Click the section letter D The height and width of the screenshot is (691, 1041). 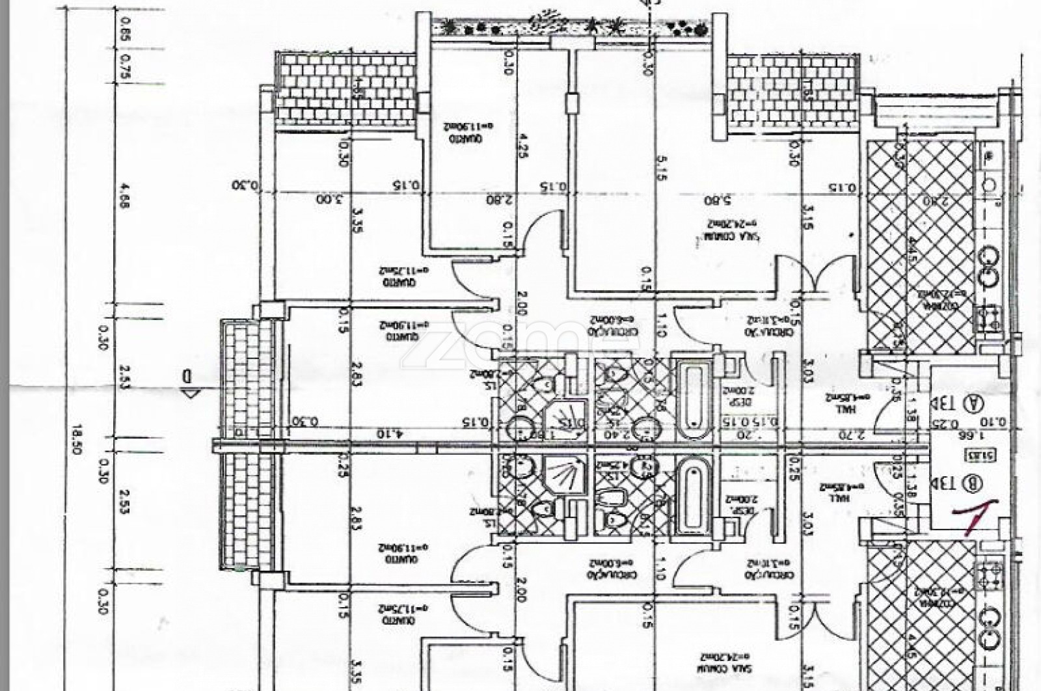point(187,376)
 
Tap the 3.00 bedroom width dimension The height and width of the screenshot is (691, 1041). point(331,198)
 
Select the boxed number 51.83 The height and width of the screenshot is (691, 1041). point(974,455)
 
